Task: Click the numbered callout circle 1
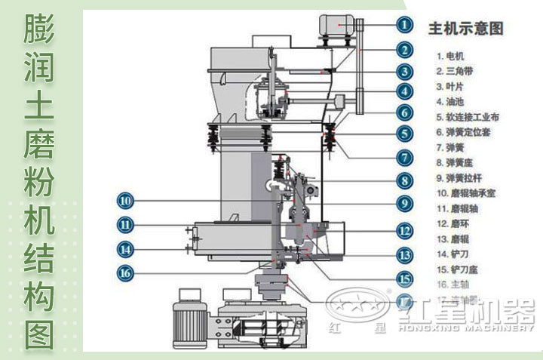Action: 405,24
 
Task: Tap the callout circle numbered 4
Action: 405,92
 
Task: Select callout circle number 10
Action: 125,201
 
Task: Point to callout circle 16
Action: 125,272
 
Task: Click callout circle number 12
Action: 405,231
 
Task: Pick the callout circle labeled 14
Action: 125,248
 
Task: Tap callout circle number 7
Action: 405,158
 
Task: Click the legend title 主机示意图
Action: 465,29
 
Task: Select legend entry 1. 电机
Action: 451,55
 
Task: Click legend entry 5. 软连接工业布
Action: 468,117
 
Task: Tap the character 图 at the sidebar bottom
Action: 40,332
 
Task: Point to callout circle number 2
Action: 405,50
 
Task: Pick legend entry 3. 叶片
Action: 451,86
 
